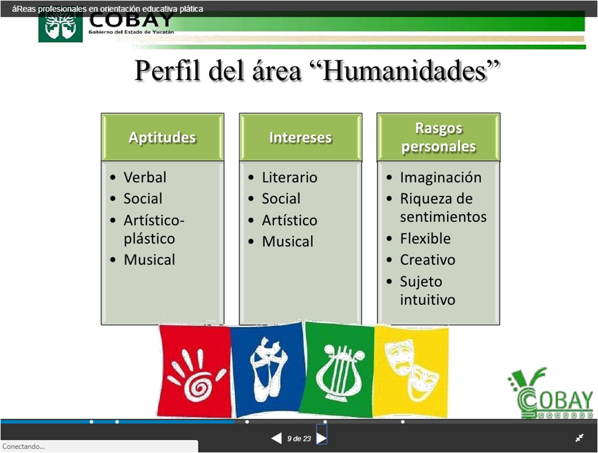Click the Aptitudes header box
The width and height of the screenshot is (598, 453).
(162, 138)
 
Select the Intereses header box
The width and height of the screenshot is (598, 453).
(300, 138)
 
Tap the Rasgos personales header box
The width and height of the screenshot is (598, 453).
(438, 138)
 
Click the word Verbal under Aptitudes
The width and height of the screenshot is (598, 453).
(145, 177)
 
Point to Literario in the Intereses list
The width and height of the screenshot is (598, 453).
(289, 177)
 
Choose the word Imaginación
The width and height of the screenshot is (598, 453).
(441, 177)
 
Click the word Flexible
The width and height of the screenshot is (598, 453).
(425, 239)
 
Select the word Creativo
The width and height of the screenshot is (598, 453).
(427, 260)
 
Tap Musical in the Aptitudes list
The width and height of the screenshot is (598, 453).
(149, 260)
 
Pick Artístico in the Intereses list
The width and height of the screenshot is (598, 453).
(289, 221)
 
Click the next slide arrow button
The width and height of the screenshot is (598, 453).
(321, 438)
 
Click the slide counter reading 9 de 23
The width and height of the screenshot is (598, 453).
(299, 438)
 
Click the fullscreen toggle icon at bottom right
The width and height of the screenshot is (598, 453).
(579, 438)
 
